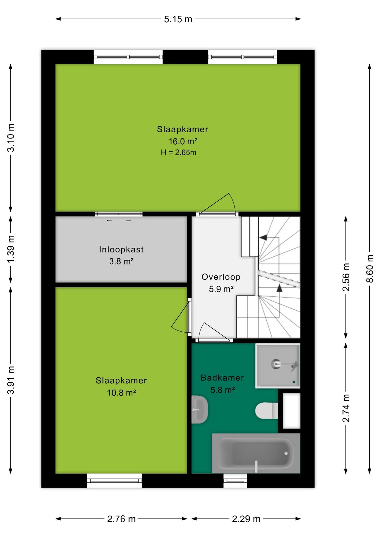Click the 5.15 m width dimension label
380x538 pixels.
(x=178, y=19)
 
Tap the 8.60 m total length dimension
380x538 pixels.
(x=370, y=268)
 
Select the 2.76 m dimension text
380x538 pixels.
(x=121, y=519)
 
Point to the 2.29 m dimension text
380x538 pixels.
(x=246, y=519)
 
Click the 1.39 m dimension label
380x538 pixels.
(x=11, y=249)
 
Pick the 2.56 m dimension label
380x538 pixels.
(x=346, y=277)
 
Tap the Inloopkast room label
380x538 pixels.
(x=121, y=249)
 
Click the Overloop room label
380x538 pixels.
(x=221, y=277)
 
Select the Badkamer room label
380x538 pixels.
(x=222, y=378)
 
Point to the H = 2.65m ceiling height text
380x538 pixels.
(x=179, y=152)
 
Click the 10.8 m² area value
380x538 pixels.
(x=121, y=393)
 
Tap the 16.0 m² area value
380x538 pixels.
(x=183, y=141)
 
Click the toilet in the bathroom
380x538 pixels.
(x=267, y=411)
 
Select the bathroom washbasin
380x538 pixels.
(x=200, y=409)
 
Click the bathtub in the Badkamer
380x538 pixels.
(x=256, y=453)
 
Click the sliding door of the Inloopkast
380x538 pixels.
(x=119, y=214)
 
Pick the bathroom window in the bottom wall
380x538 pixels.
(x=235, y=481)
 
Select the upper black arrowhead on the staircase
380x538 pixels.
(x=263, y=238)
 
